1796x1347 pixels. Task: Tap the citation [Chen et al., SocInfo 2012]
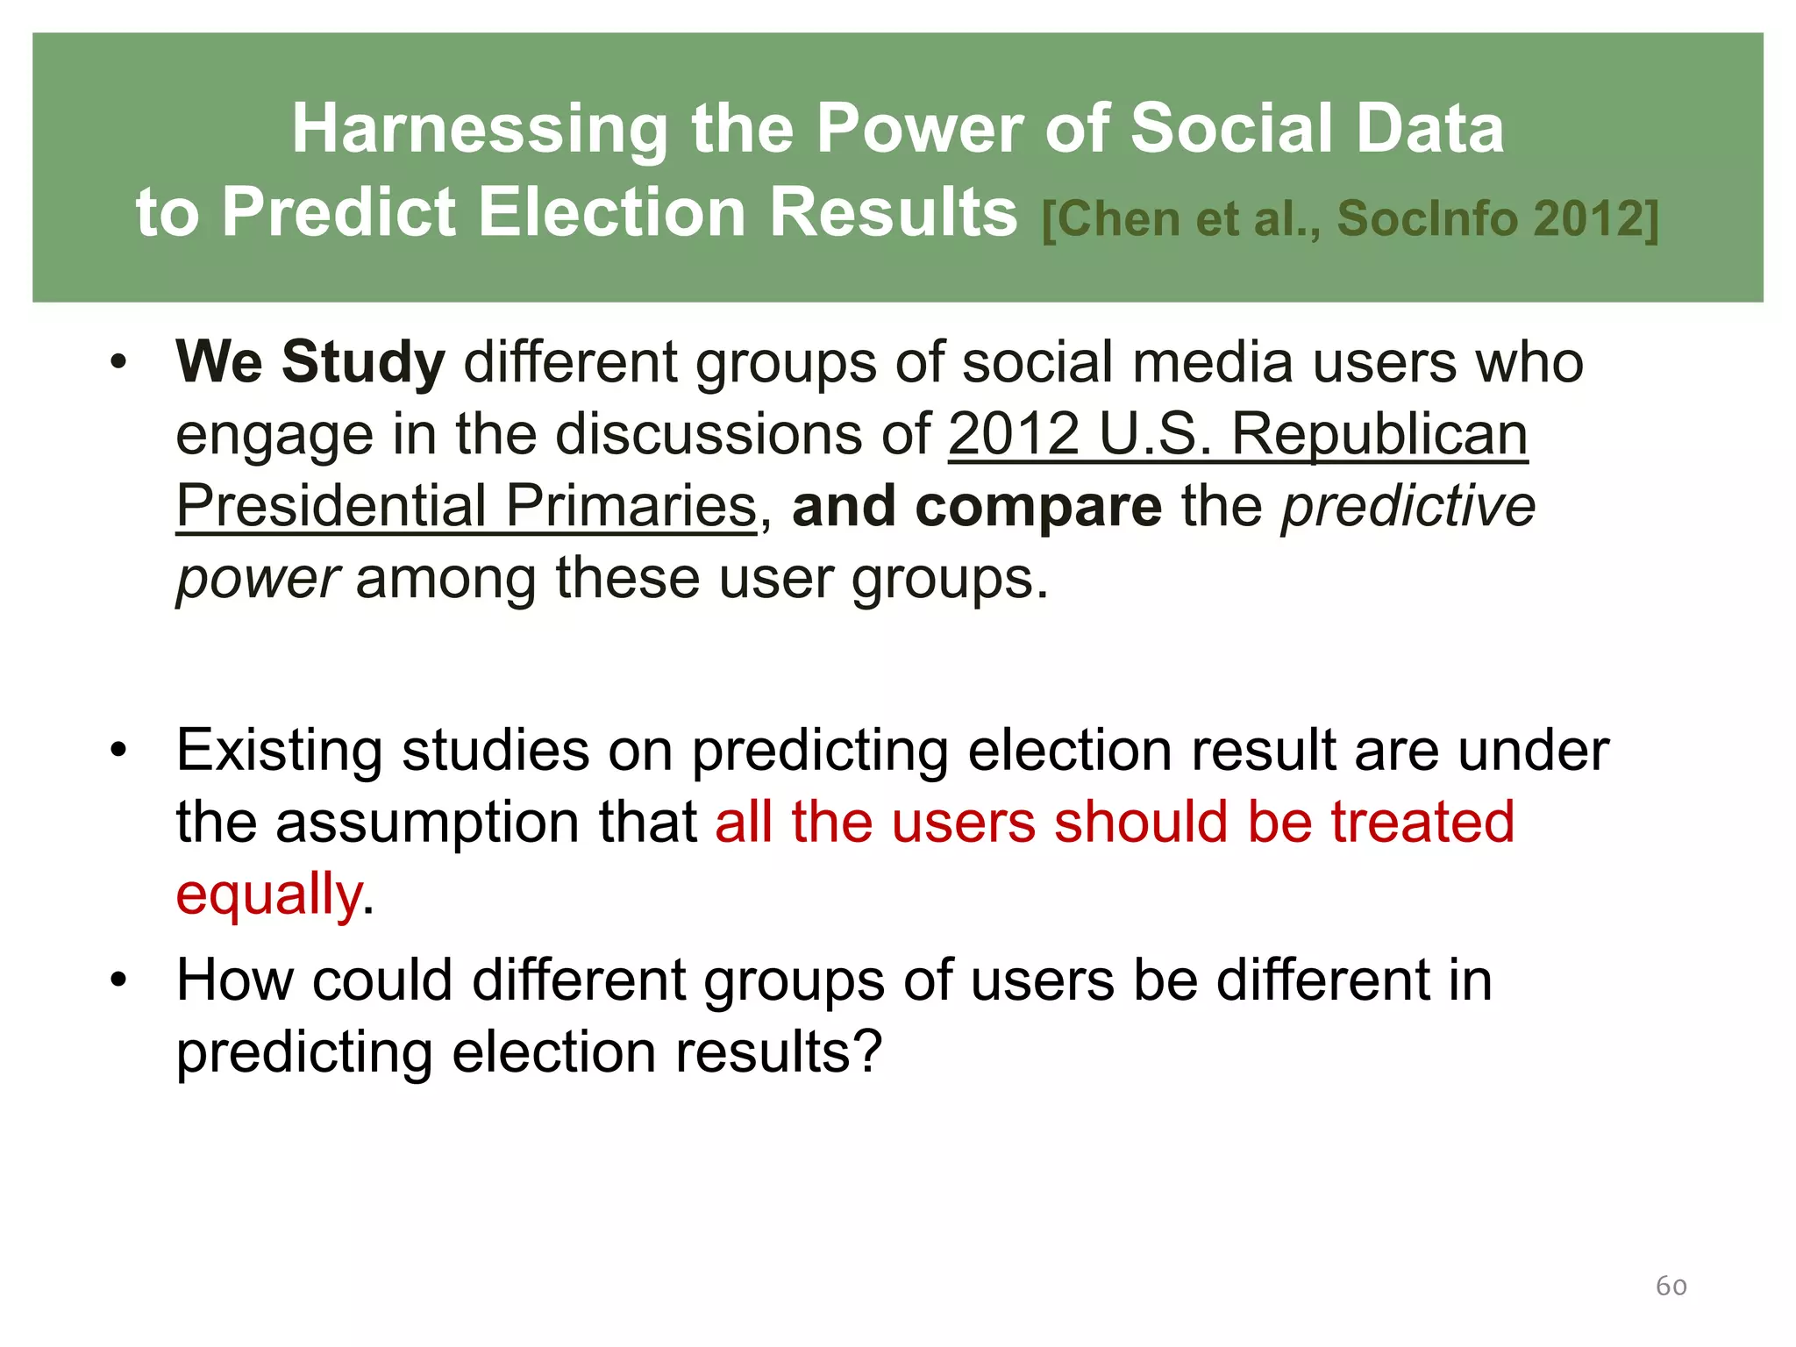coord(1350,219)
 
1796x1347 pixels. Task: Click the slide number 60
coord(1671,1286)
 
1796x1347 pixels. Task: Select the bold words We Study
coord(310,362)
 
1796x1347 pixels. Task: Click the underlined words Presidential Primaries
coord(466,506)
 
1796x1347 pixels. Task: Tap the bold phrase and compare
coord(976,506)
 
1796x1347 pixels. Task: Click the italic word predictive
coord(1408,506)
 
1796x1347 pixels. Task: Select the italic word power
coord(257,580)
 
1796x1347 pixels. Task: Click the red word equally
coord(269,895)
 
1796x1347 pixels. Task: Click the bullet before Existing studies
coord(119,751)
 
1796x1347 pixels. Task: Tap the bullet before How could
coord(119,980)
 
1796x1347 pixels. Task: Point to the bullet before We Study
coord(119,362)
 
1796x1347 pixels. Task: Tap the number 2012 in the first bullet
coord(1013,434)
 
